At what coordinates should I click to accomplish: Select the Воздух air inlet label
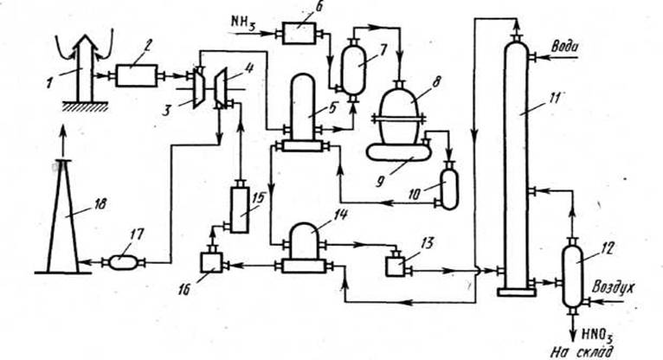pos(612,286)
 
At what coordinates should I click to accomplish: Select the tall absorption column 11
pos(517,164)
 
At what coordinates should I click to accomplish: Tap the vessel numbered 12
pos(571,276)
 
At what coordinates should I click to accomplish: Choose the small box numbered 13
pos(395,264)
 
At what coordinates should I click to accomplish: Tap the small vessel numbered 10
pos(449,188)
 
